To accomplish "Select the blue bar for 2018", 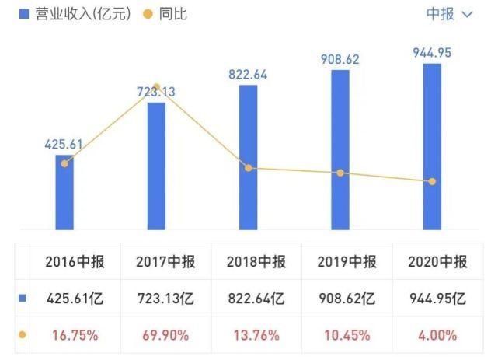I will pos(248,156).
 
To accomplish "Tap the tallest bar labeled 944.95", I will pos(432,148).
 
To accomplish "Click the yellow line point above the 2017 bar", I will pos(156,87).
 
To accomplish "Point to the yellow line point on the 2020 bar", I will pos(432,181).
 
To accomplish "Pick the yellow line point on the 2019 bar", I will pos(340,173).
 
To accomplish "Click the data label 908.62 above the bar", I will pos(340,59).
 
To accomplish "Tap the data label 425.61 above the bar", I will pos(65,144).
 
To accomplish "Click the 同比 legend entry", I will pos(167,14).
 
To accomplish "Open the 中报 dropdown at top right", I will pos(450,14).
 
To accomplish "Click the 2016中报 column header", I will pos(71,262).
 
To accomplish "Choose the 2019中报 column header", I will pos(347,262).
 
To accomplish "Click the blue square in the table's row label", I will pos(22,299).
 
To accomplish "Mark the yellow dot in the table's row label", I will pos(22,335).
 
